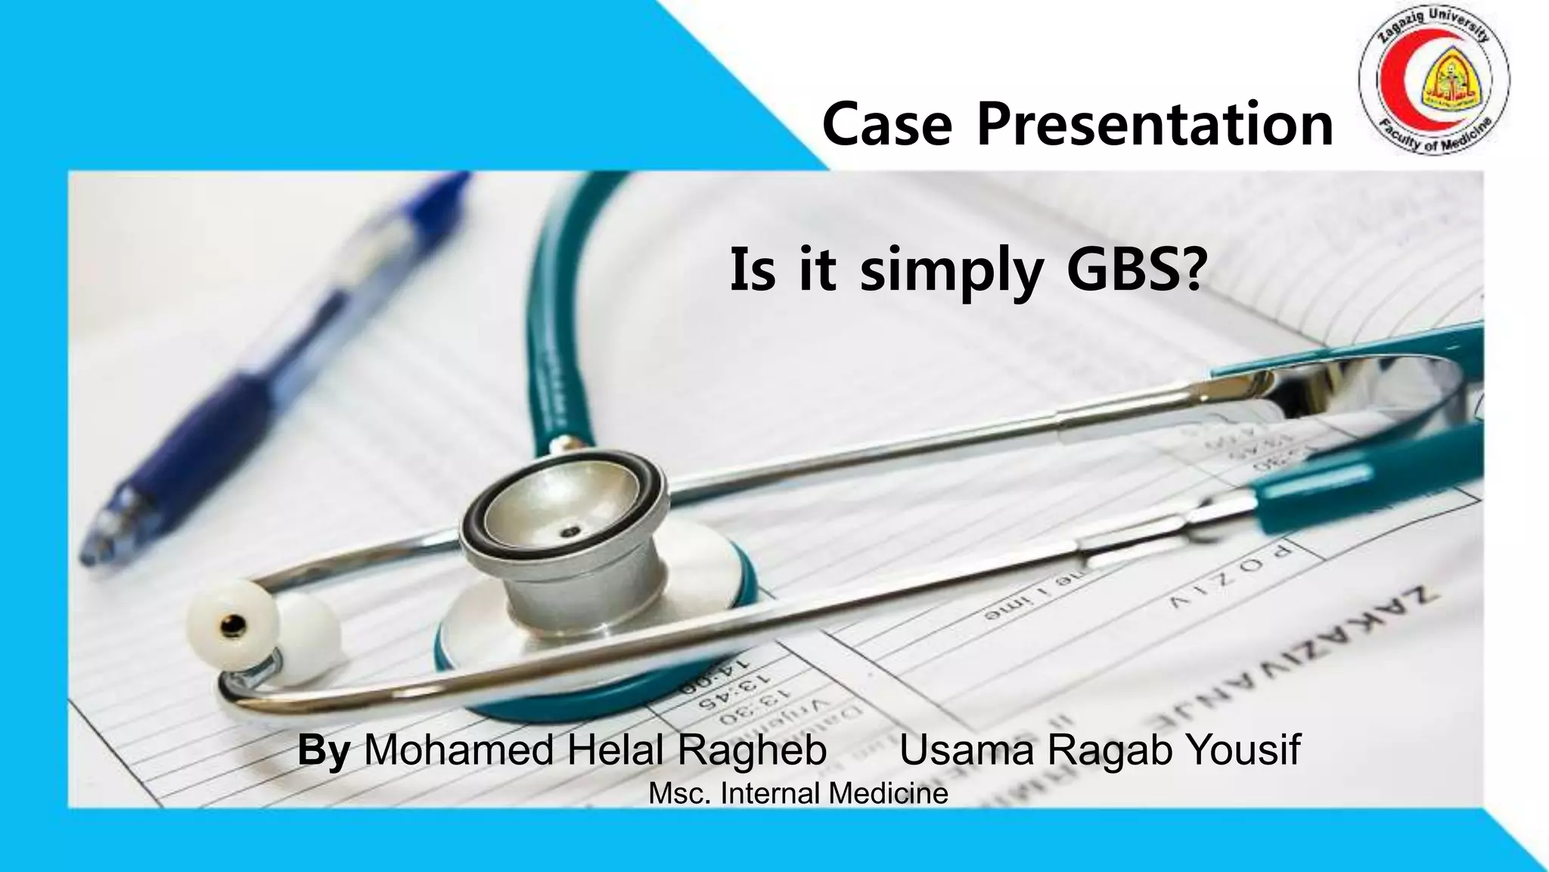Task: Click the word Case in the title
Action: (886, 125)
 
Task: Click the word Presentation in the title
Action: (1155, 125)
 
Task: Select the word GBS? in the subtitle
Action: (1134, 270)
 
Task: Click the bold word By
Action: (323, 751)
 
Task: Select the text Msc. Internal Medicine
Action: (798, 794)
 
